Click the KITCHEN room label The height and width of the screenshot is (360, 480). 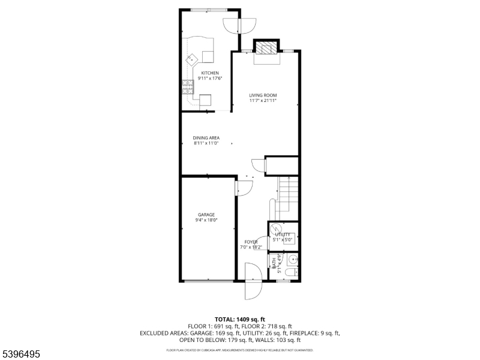[x=206, y=73]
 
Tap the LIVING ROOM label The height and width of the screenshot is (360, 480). [x=263, y=95]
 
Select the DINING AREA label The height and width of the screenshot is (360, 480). [x=206, y=138]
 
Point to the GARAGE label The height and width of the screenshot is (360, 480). [x=206, y=215]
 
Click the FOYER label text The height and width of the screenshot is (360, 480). [x=251, y=242]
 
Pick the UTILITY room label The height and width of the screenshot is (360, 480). [x=283, y=235]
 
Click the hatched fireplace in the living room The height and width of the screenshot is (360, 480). [x=266, y=49]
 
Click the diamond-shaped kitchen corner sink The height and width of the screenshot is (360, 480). [x=193, y=59]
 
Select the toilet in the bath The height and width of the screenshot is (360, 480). [x=290, y=273]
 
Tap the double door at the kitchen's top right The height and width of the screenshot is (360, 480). [x=239, y=25]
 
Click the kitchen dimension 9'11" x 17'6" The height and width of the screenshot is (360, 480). [x=206, y=79]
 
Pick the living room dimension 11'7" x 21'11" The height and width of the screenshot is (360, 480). [x=263, y=101]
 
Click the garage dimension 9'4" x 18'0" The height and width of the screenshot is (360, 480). [x=206, y=220]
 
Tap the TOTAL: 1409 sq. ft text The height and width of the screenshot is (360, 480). [x=239, y=319]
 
